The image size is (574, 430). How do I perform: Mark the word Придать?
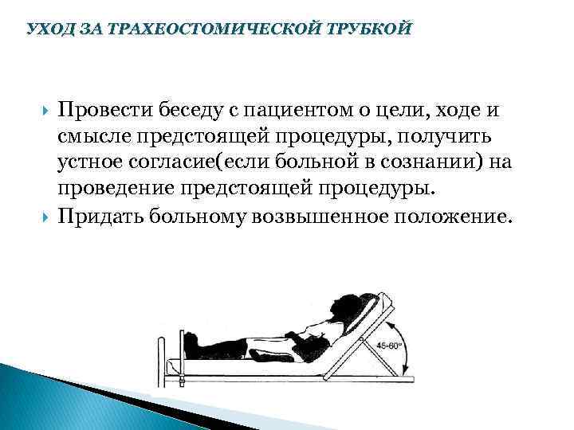108,217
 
